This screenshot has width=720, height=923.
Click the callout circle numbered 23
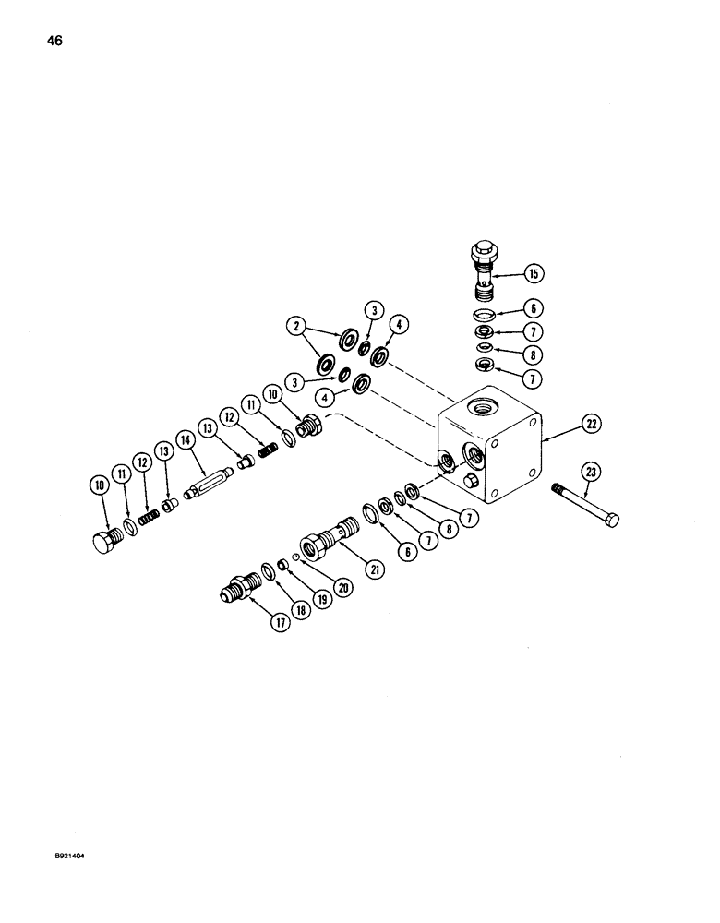tap(592, 472)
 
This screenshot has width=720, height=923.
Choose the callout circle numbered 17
tap(280, 622)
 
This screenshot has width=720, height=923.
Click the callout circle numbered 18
tap(302, 608)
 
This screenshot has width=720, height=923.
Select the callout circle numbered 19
tap(321, 598)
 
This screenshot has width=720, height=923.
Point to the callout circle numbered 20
tap(344, 586)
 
